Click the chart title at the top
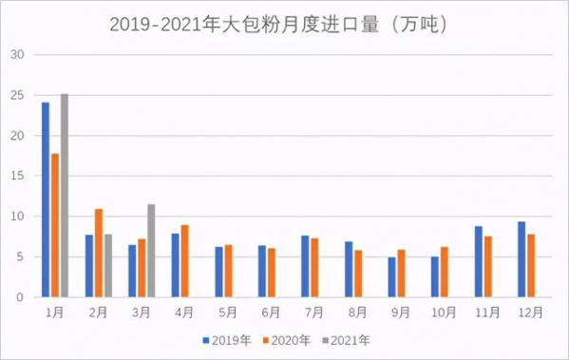point(284,22)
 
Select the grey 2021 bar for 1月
point(65,195)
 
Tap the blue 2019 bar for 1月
point(46,199)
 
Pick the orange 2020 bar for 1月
point(55,225)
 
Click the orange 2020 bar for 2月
point(99,253)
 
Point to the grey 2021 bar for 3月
point(151,251)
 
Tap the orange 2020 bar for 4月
point(185,261)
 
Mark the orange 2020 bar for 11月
point(487,267)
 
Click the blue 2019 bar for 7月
point(305,266)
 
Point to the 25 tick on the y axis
point(16,95)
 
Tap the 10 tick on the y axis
point(16,217)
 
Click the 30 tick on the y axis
point(16,54)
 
